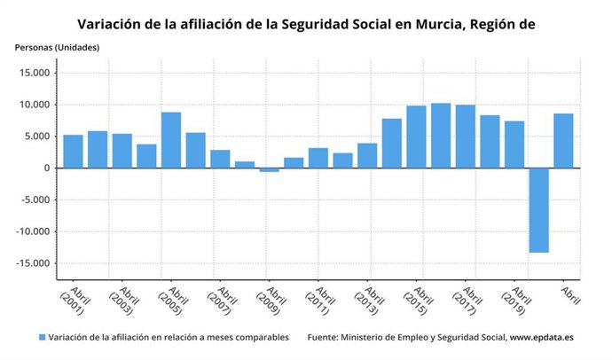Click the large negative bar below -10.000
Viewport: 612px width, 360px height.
[x=538, y=210]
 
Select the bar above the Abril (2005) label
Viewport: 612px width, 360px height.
[x=171, y=140]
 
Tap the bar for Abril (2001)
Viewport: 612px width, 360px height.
[x=74, y=152]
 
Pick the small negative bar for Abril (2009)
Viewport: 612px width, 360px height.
[x=269, y=169]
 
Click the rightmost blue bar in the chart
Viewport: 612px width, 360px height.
[x=563, y=141]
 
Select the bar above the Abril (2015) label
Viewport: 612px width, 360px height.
[x=416, y=137]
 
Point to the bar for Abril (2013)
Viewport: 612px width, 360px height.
[x=367, y=155]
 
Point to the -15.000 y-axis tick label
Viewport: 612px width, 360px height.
[x=28, y=263]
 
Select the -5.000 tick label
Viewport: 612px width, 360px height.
[x=31, y=200]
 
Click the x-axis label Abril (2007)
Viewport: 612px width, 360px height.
[x=222, y=301]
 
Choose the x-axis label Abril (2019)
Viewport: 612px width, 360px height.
[x=514, y=301]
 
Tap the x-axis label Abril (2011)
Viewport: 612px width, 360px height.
[x=319, y=301]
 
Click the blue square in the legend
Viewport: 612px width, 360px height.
[x=41, y=338]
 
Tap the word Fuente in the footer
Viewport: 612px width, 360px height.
[x=325, y=338]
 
